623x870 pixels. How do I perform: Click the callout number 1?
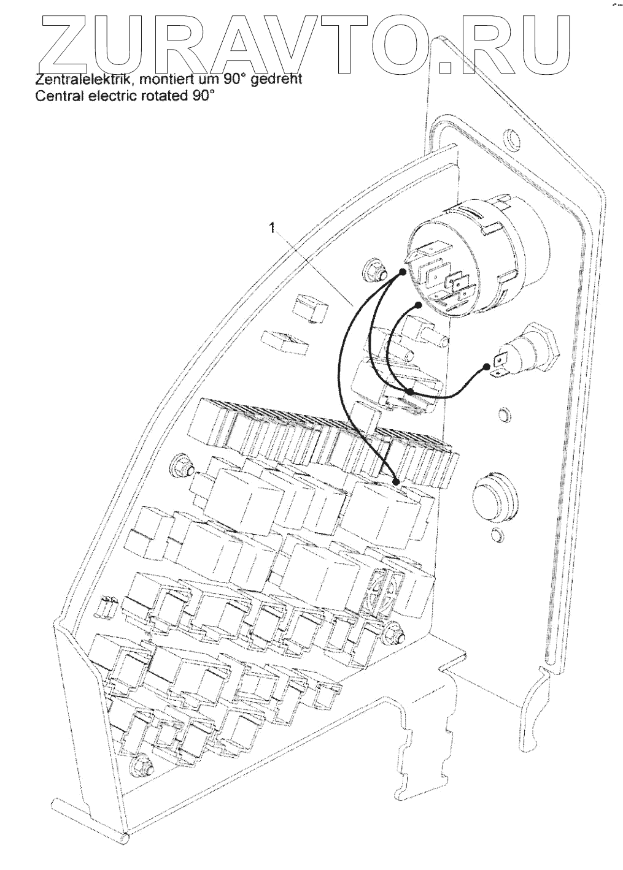point(270,227)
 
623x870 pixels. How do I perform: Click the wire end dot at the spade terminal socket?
point(487,367)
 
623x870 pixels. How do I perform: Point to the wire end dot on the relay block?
point(396,481)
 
